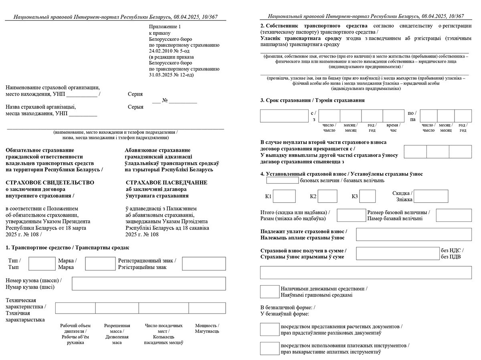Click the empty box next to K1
click(x=284, y=196)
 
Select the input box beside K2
click(x=327, y=196)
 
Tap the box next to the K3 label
click(x=368, y=196)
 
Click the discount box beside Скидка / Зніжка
click(x=431, y=196)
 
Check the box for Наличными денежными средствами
click(x=269, y=292)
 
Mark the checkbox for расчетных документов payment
click(x=269, y=329)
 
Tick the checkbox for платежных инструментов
click(x=269, y=348)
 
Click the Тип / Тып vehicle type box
click(x=42, y=263)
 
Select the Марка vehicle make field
click(x=100, y=263)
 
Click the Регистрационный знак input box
click(x=204, y=263)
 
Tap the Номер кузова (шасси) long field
click(x=149, y=284)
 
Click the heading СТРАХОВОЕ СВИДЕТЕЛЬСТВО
click(x=50, y=183)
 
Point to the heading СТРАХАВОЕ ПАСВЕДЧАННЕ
click(x=166, y=183)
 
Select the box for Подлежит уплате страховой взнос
click(x=414, y=234)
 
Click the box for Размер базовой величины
click(x=454, y=215)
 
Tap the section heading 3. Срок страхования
click(x=312, y=101)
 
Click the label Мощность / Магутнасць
click(x=207, y=328)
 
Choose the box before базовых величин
click(x=282, y=180)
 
